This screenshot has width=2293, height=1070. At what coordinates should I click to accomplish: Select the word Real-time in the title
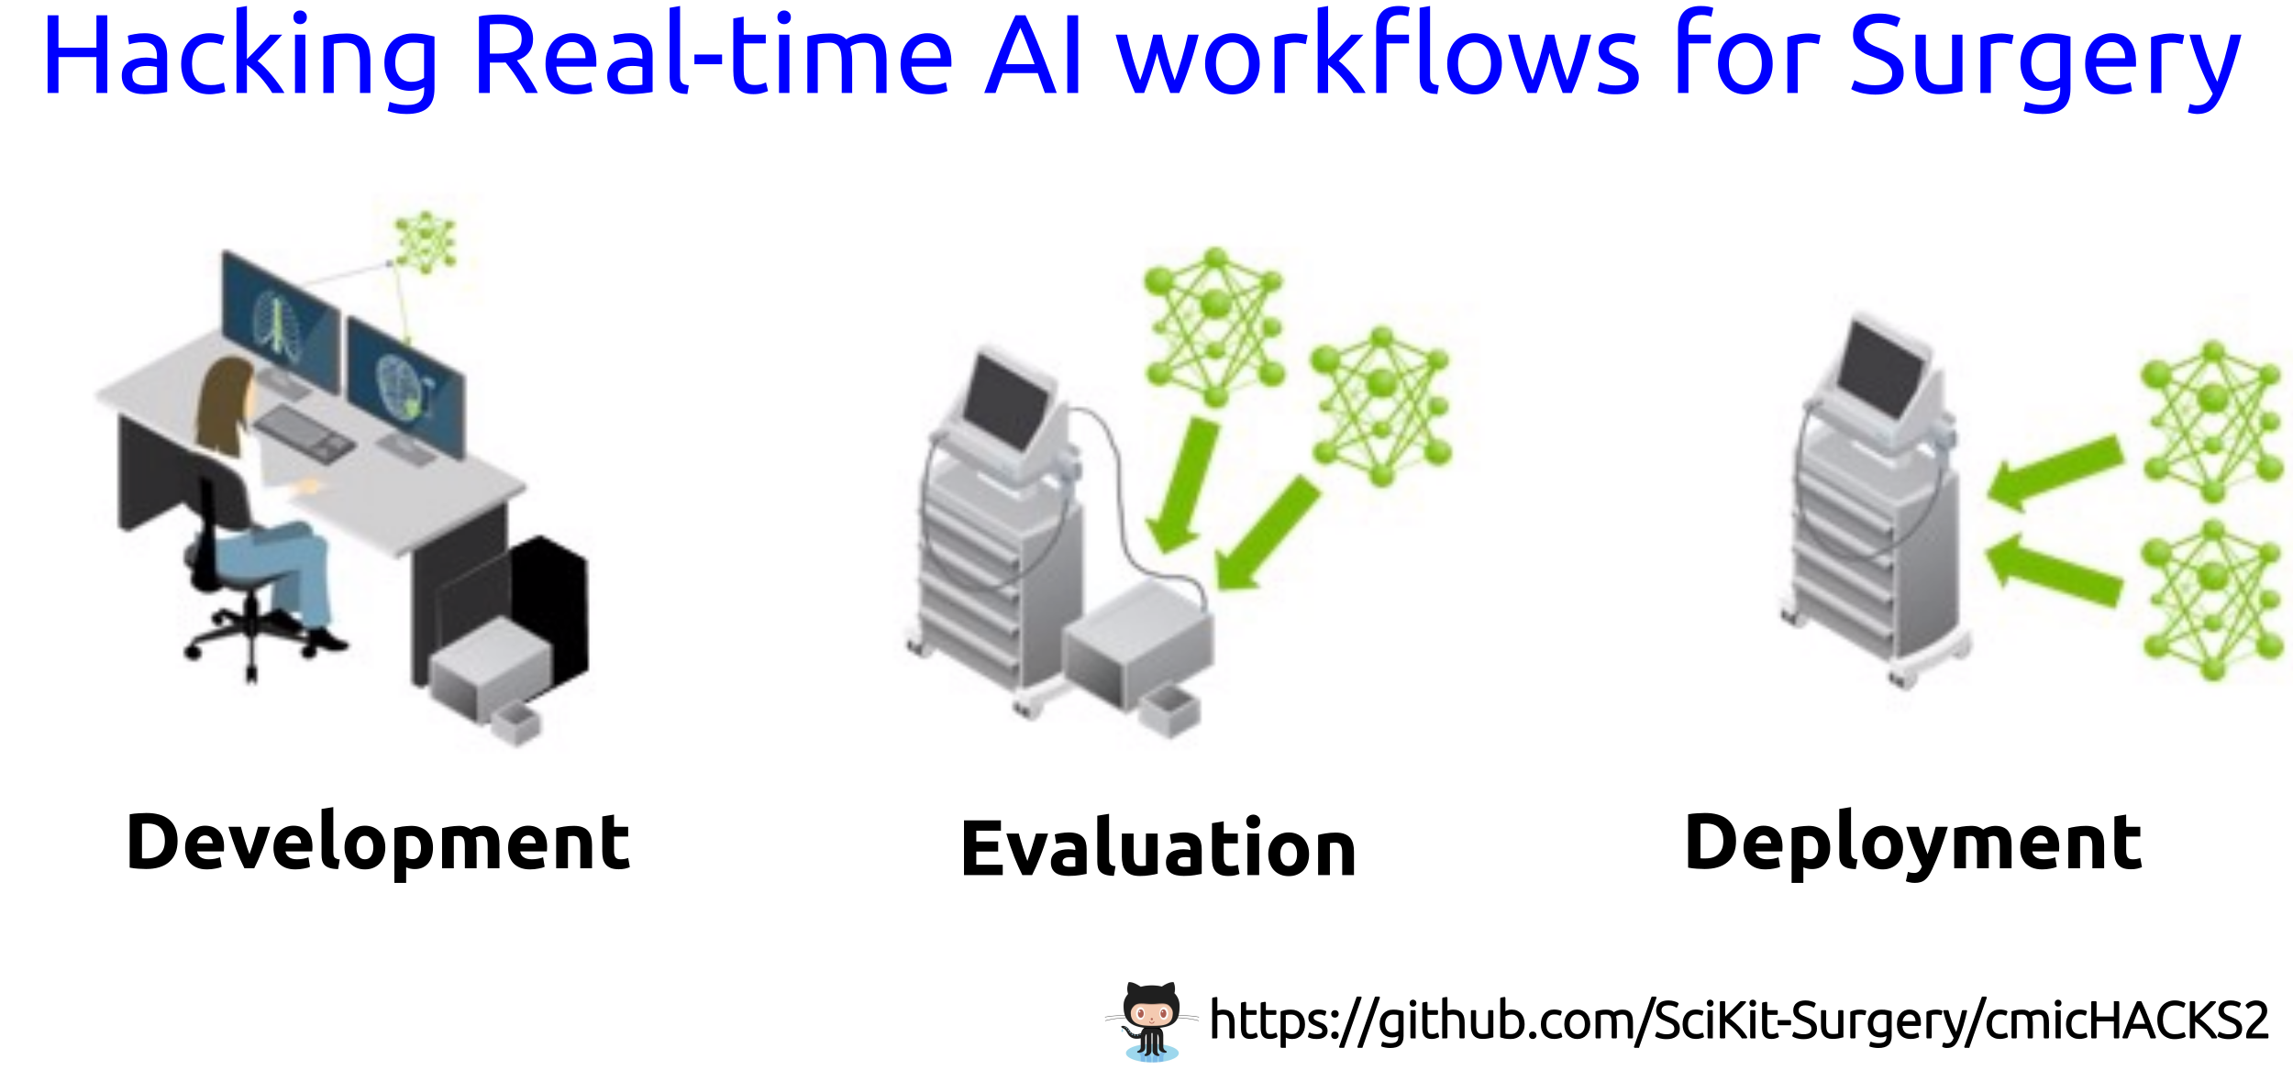point(714,55)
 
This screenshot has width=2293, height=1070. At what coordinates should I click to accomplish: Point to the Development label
point(378,844)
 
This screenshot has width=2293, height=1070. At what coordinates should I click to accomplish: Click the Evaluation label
point(1158,848)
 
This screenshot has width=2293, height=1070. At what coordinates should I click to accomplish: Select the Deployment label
point(1912,844)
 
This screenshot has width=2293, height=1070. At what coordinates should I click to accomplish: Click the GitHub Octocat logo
point(1152,1020)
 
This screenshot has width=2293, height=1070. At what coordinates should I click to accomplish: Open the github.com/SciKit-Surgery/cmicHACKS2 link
point(1739,1020)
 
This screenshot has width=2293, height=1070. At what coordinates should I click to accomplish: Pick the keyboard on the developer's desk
point(304,433)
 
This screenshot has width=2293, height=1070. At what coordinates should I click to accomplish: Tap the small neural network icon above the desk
point(425,242)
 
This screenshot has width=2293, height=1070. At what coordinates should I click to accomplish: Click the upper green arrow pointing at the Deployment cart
point(2055,471)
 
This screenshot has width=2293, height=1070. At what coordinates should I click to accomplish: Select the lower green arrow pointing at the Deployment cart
point(2054,570)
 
